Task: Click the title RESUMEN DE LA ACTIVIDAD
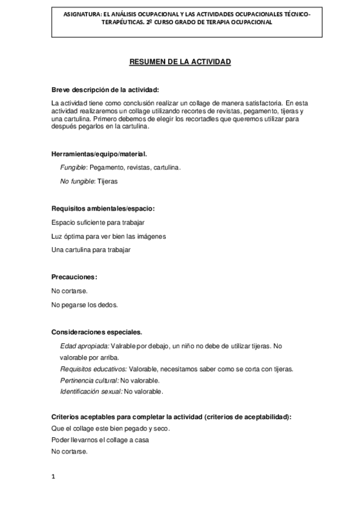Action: tap(180, 62)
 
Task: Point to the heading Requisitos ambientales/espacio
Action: tap(103, 209)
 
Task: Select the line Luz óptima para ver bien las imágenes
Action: tap(108, 236)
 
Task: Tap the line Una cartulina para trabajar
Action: tap(91, 250)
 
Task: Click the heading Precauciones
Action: tap(75, 277)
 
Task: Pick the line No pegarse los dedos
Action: tap(85, 304)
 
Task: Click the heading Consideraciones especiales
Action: tap(97, 332)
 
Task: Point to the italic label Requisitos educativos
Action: tap(93, 369)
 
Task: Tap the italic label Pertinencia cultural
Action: tap(89, 380)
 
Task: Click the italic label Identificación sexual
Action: tap(91, 392)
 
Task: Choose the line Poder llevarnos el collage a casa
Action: tap(100, 440)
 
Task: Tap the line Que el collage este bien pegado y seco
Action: tap(111, 428)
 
